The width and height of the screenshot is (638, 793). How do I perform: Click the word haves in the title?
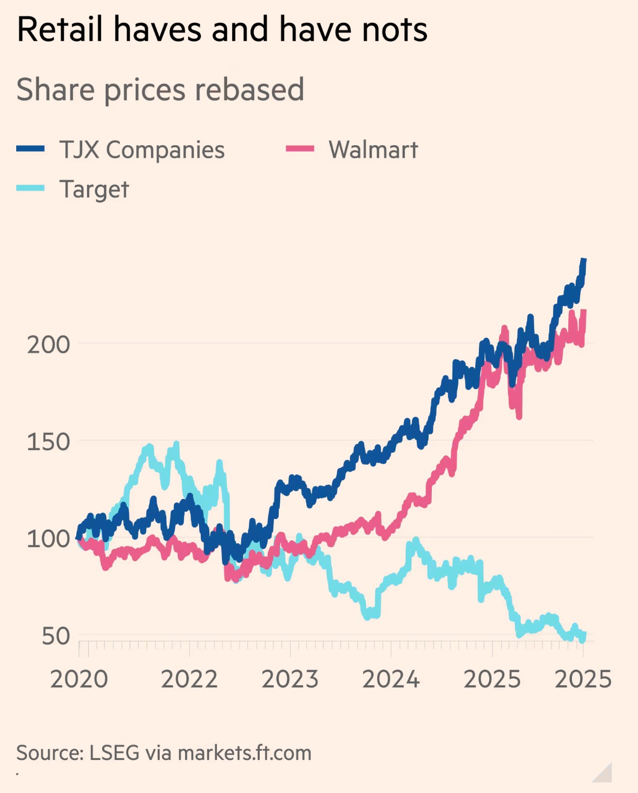tap(157, 29)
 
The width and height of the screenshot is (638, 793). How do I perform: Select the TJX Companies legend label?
tap(142, 150)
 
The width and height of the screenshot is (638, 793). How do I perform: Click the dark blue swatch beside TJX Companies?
tap(30, 149)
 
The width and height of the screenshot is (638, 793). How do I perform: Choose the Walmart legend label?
tap(373, 150)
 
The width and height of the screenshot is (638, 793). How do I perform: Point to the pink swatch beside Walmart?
tap(300, 149)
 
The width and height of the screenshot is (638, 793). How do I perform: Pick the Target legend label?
tap(94, 190)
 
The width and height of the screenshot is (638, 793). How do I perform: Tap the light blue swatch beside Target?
tap(30, 188)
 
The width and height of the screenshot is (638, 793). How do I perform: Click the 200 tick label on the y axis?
tap(49, 344)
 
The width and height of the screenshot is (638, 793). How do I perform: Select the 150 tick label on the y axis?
tap(49, 442)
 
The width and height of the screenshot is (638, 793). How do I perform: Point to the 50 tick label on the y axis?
tap(56, 636)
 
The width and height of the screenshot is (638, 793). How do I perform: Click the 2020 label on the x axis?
tap(79, 679)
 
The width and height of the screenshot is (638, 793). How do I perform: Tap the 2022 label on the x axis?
tap(189, 679)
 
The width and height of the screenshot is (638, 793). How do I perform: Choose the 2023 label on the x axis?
tap(290, 679)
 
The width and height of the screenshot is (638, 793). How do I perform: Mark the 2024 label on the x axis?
tap(391, 679)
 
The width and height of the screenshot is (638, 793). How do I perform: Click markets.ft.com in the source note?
tap(245, 753)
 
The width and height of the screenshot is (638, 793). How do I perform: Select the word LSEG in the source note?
tap(114, 753)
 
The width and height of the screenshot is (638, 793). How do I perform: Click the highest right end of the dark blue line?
tap(583, 261)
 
